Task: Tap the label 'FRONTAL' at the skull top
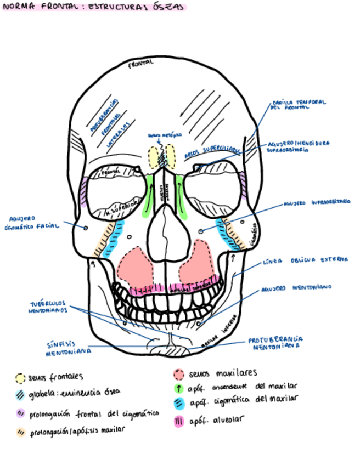(140, 64)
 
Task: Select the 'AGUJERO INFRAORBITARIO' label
(317, 203)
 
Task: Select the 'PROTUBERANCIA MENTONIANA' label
(275, 343)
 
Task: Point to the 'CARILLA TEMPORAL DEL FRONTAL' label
(299, 105)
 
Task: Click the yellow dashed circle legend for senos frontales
(20, 378)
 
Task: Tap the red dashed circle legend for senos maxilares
(178, 375)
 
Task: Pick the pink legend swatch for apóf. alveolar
(178, 422)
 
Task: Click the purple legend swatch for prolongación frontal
(20, 413)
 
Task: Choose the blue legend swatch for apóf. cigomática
(178, 404)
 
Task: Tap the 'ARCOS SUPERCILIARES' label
(212, 151)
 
